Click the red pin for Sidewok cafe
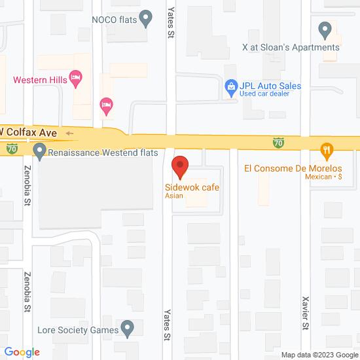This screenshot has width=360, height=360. coord(180,166)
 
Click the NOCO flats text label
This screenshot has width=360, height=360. coord(114,19)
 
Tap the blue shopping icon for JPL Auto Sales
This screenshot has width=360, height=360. coord(230,86)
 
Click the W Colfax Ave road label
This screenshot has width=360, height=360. coord(33,133)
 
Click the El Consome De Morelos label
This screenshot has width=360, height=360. coord(293,168)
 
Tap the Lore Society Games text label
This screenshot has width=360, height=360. coord(78,331)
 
